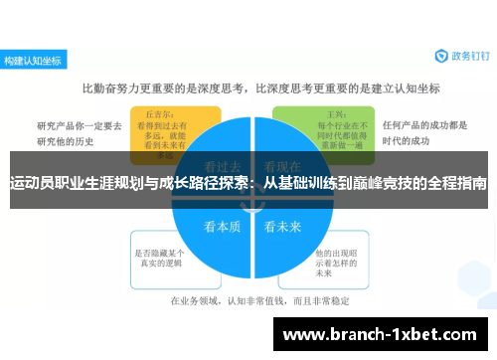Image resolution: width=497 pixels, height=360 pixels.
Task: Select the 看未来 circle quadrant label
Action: (x=282, y=226)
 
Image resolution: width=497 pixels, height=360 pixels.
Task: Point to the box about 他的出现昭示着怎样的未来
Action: (x=335, y=257)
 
